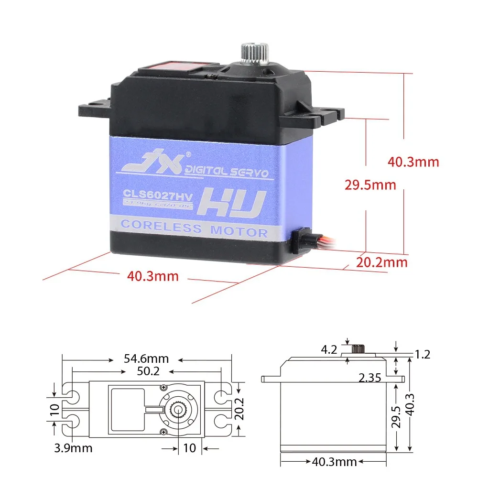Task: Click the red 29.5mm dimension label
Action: (x=370, y=185)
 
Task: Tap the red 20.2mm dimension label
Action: (x=382, y=262)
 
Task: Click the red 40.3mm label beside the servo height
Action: (x=413, y=162)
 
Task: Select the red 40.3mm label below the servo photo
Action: (x=152, y=276)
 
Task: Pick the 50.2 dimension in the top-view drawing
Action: (x=146, y=372)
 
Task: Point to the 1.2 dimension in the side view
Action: (x=423, y=354)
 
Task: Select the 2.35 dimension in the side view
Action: (x=369, y=379)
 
